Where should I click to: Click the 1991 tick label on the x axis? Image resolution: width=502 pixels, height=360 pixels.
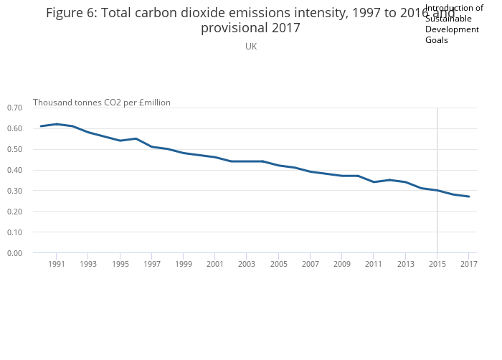[57, 265]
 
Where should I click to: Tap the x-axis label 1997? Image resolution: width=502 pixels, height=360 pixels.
[152, 265]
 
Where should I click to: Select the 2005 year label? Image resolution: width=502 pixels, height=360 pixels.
[278, 265]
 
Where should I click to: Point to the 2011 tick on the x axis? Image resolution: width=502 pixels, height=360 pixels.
[374, 265]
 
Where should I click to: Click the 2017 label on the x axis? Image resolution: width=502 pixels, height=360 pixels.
[469, 265]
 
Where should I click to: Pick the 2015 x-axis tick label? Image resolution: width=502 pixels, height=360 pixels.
[437, 265]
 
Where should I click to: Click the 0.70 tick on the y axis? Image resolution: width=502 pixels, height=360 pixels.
[14, 108]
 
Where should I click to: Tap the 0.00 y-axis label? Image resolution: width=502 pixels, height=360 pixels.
[14, 253]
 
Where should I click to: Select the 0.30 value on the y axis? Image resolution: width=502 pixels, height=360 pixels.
[14, 191]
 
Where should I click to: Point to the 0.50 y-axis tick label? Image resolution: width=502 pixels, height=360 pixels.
[14, 149]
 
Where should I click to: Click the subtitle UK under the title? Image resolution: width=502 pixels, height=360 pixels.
[251, 47]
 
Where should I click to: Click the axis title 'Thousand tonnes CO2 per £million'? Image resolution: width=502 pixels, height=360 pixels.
[102, 103]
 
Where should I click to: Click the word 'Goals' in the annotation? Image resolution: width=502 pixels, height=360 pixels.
[437, 40]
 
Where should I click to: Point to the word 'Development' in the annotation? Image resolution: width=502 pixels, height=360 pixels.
[452, 29]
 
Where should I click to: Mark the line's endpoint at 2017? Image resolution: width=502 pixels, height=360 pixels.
[469, 196]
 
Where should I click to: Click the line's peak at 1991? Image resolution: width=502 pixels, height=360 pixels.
[57, 124]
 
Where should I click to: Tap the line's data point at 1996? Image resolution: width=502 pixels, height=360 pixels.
[136, 138]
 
